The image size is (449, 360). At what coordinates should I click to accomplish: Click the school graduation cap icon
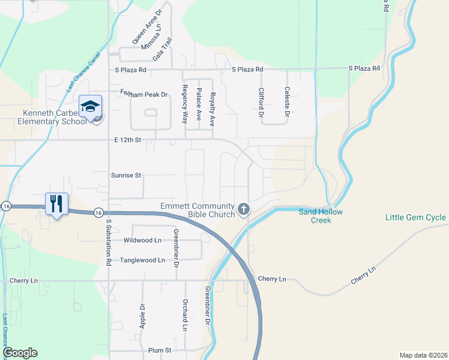90,106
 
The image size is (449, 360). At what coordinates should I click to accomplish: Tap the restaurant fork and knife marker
56,203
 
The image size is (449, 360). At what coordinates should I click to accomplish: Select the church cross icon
243,209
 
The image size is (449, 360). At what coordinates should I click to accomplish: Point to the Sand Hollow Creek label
321,215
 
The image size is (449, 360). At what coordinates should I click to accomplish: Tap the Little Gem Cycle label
415,217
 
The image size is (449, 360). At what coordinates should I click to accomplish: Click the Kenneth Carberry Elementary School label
46,118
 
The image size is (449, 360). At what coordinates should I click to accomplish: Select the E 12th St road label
127,140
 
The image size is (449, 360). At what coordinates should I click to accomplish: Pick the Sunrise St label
125,176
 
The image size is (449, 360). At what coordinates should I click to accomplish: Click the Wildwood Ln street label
142,240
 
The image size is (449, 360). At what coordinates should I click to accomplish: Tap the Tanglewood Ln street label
144,260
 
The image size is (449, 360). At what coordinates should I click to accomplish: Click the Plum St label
160,350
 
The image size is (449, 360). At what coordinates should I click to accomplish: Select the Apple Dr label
143,314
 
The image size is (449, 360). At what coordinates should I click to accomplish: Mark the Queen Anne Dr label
147,25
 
